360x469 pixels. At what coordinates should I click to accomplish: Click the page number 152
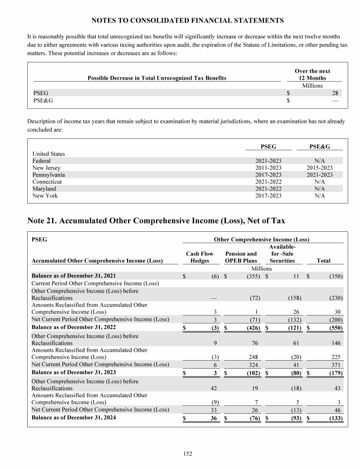click(187, 454)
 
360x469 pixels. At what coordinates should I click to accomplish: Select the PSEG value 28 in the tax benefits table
click(335, 93)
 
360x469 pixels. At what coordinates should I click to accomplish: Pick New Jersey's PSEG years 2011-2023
click(269, 168)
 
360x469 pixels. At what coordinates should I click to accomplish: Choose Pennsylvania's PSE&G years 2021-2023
click(320, 175)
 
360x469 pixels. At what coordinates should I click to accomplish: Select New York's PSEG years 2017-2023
click(269, 196)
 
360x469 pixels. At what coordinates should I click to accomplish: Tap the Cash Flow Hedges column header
click(200, 257)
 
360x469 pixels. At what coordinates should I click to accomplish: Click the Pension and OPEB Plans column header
click(241, 257)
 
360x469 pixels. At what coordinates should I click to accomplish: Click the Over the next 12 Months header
click(312, 75)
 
